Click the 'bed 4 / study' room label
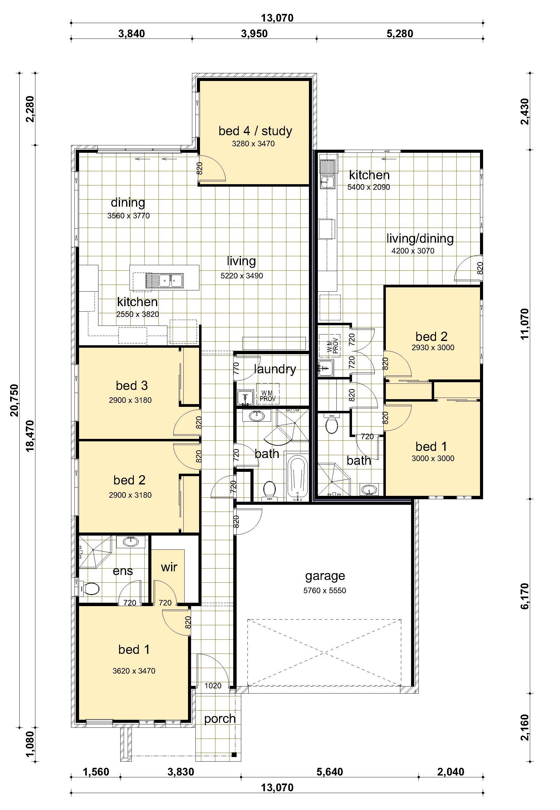click(x=255, y=131)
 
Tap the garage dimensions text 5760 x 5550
click(x=325, y=590)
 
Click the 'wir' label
click(x=169, y=567)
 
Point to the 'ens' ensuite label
click(x=123, y=571)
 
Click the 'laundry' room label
click(x=275, y=369)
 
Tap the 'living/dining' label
click(x=420, y=239)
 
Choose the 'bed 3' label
click(x=132, y=386)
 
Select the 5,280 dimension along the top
click(x=400, y=34)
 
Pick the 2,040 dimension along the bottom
click(x=451, y=772)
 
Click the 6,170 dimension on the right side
click(x=525, y=596)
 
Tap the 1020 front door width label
click(x=213, y=686)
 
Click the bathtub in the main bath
click(x=298, y=477)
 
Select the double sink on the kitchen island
click(x=165, y=281)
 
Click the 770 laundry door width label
click(x=236, y=368)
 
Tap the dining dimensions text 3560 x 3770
click(x=128, y=216)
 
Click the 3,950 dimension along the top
click(x=254, y=34)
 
